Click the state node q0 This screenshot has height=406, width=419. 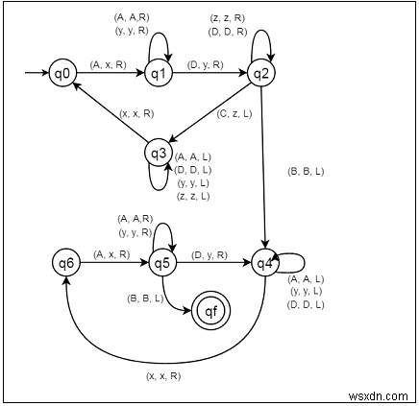pos(64,72)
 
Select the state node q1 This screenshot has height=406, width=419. pos(158,72)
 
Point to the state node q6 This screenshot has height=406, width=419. pos(66,261)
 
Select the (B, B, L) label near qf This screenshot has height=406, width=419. pos(145,299)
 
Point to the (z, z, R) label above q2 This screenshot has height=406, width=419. pos(226,17)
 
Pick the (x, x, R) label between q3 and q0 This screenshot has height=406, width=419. pos(137,113)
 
